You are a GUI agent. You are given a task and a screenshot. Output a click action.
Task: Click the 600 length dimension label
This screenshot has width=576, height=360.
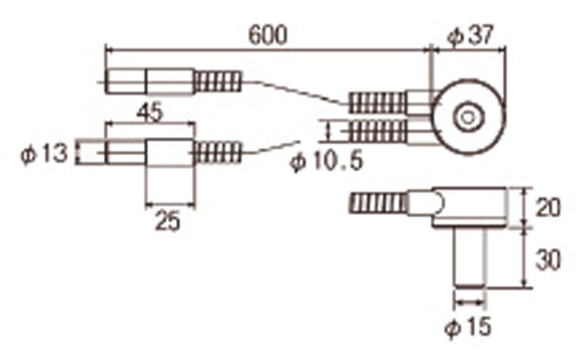pos(268,36)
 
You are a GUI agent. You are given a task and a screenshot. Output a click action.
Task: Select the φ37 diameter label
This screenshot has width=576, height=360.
pos(470,36)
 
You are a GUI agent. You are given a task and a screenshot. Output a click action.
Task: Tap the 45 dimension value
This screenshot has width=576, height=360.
pos(149,112)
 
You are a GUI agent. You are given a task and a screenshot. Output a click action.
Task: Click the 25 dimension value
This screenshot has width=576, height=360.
pos(168,221)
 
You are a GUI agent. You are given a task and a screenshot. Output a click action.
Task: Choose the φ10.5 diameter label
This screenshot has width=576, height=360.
pos(326,161)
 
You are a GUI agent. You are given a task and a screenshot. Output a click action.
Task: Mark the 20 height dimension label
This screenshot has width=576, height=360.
pos(548,208)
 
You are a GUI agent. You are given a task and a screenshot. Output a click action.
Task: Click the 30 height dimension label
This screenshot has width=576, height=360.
pos(548,260)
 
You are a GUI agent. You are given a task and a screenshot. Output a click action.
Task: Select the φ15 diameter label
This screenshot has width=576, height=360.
pos(468,326)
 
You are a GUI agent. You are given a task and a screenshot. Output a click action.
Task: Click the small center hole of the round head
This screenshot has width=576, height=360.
pos(468,118)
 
